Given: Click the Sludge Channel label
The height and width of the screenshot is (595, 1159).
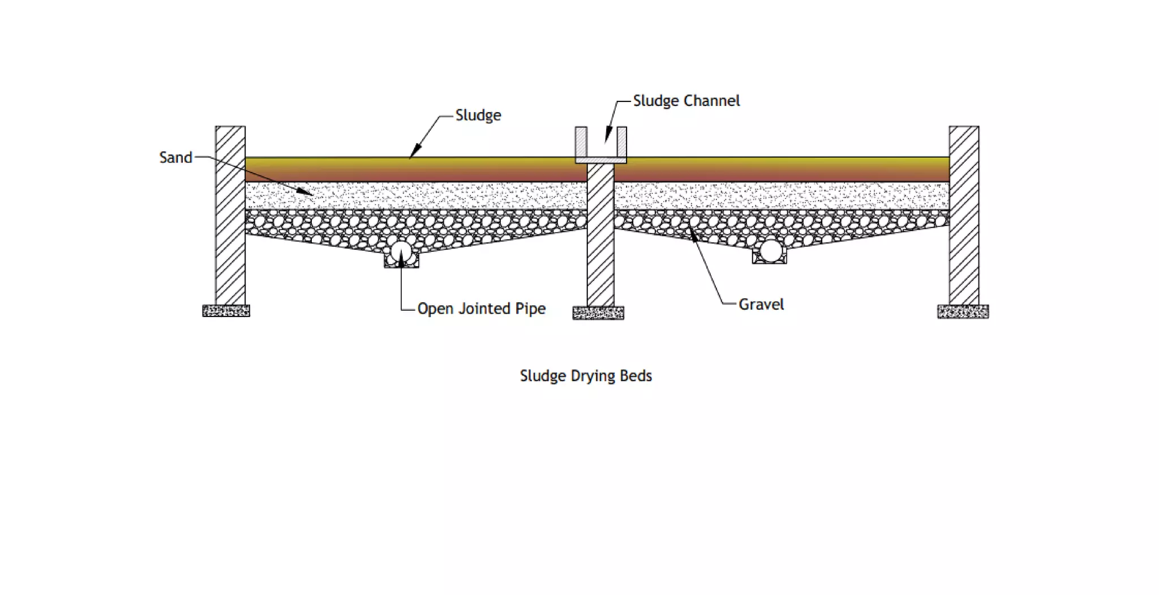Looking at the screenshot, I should tap(686, 101).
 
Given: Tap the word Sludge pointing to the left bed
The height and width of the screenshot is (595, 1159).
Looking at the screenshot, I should tap(478, 115).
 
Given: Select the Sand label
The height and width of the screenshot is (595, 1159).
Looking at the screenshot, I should tap(175, 157).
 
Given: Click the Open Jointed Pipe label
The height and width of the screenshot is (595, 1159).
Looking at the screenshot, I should tap(481, 309).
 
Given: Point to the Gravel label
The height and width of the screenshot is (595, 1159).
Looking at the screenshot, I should tap(761, 305).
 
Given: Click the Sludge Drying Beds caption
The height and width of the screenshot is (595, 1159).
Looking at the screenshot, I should tap(586, 376).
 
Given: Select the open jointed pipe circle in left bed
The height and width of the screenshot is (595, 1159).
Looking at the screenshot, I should tap(401, 253).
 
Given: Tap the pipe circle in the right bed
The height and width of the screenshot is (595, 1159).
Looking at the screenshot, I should tap(771, 251).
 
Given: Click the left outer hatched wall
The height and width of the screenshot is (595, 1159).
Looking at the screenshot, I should tap(230, 215).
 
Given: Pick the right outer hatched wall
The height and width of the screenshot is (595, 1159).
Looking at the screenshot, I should tap(964, 215).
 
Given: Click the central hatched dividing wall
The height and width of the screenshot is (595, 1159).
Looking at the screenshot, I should tap(600, 235).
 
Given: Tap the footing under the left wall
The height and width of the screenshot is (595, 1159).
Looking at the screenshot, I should tap(226, 311).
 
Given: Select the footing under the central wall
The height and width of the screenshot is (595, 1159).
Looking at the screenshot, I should tap(598, 313).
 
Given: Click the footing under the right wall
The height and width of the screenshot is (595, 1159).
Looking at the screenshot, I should tap(963, 311).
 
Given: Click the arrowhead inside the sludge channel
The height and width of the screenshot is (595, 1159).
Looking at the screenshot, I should tap(606, 138).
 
